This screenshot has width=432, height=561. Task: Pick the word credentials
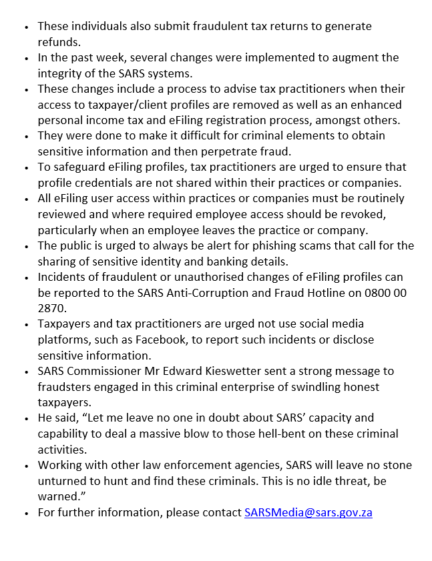(100, 183)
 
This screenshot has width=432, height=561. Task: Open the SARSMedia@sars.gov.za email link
(308, 512)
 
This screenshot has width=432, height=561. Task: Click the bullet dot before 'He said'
(25, 418)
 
